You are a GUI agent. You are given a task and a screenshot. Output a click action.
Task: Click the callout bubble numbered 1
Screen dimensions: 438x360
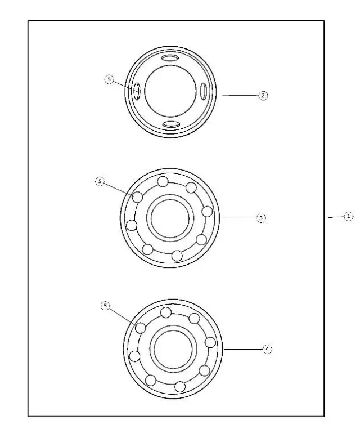348,216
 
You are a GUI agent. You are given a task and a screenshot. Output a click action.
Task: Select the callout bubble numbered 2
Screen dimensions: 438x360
263,96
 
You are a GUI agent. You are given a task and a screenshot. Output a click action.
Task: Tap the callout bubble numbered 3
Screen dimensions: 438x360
261,217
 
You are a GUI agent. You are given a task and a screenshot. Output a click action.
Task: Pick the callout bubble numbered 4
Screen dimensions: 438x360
267,349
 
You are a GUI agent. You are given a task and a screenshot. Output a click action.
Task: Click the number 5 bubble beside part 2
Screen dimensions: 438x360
110,80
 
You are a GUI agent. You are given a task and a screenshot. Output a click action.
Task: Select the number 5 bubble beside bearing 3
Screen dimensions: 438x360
100,182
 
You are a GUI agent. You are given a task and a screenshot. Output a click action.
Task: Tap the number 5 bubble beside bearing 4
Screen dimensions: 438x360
105,305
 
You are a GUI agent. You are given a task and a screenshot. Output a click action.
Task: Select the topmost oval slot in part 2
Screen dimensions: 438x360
171,59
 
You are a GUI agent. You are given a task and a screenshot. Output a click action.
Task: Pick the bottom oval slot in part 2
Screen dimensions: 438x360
171,124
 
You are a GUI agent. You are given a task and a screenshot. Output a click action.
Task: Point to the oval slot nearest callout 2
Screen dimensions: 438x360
204,91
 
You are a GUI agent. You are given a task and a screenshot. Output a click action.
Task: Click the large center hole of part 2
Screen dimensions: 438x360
170,91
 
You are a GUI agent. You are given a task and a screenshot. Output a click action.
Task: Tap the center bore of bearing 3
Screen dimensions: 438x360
170,217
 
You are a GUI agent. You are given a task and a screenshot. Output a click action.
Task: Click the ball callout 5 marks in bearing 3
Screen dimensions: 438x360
137,197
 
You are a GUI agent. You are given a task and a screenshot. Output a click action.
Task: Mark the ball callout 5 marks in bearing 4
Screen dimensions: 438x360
141,328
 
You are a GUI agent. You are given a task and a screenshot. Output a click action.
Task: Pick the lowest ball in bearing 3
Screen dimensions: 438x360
177,256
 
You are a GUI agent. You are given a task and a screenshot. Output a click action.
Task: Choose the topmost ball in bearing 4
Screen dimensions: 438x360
166,312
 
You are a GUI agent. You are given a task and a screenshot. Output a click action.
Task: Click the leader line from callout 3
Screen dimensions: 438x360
239,217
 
